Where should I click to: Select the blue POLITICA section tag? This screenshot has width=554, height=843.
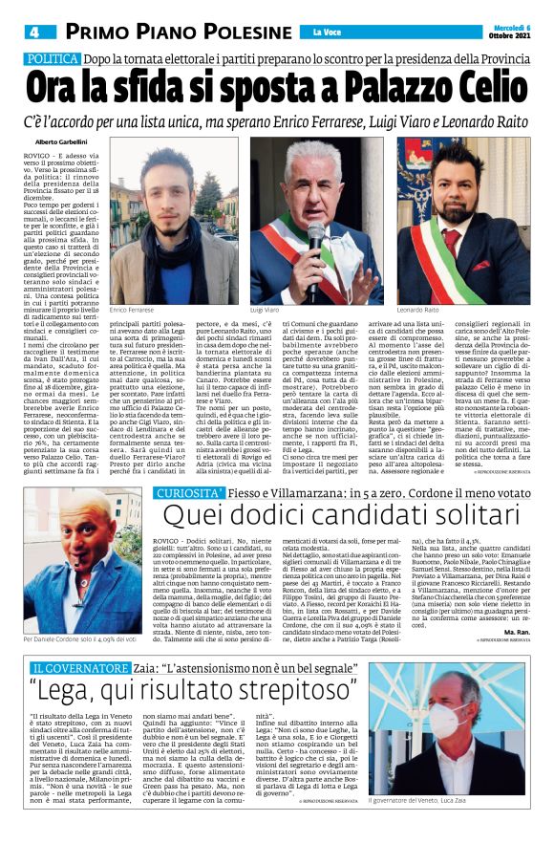(x=53, y=59)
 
